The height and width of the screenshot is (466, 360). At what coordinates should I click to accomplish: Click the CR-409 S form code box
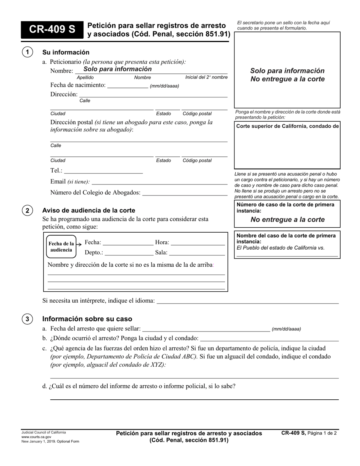52,30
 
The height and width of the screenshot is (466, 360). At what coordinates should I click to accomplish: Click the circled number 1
27,52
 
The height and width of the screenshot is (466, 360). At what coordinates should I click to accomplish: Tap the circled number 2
27,210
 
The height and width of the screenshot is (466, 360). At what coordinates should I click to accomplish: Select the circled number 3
27,319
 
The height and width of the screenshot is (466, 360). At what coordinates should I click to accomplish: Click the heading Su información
66,52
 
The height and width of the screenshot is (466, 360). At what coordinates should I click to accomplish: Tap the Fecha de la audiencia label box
61,247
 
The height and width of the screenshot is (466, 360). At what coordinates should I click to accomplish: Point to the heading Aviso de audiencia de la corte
89,211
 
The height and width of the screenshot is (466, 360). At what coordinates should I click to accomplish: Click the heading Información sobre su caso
87,319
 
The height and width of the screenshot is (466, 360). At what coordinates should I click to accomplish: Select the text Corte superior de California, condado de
287,126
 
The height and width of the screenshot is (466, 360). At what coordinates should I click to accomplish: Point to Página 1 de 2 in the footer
322,433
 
